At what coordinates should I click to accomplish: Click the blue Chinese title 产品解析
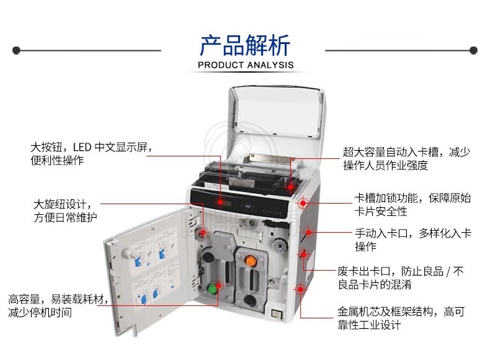(x=246, y=45)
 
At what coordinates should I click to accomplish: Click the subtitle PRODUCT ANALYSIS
(x=246, y=65)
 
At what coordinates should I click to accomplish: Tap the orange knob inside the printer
(x=250, y=261)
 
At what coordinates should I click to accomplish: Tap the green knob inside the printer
(x=213, y=287)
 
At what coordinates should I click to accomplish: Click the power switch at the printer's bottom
(x=277, y=313)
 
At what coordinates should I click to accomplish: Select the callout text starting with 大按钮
(x=91, y=153)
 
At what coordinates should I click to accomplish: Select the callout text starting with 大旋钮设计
(x=65, y=211)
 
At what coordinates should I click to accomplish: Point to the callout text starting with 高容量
(x=58, y=305)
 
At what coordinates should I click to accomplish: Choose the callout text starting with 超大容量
(x=406, y=158)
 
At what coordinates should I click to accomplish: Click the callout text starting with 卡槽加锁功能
(x=412, y=205)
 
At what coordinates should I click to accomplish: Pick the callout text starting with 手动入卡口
(x=413, y=240)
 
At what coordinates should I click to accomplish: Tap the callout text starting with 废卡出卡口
(x=401, y=277)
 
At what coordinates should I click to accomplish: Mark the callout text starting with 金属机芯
(x=401, y=318)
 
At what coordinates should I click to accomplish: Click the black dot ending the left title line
(x=16, y=50)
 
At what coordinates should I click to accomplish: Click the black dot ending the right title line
(x=473, y=50)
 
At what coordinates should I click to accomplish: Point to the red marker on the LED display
(x=220, y=202)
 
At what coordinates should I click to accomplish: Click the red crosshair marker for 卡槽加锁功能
(x=303, y=204)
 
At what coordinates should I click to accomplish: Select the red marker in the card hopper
(x=290, y=187)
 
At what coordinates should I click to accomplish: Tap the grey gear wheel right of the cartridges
(x=278, y=245)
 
